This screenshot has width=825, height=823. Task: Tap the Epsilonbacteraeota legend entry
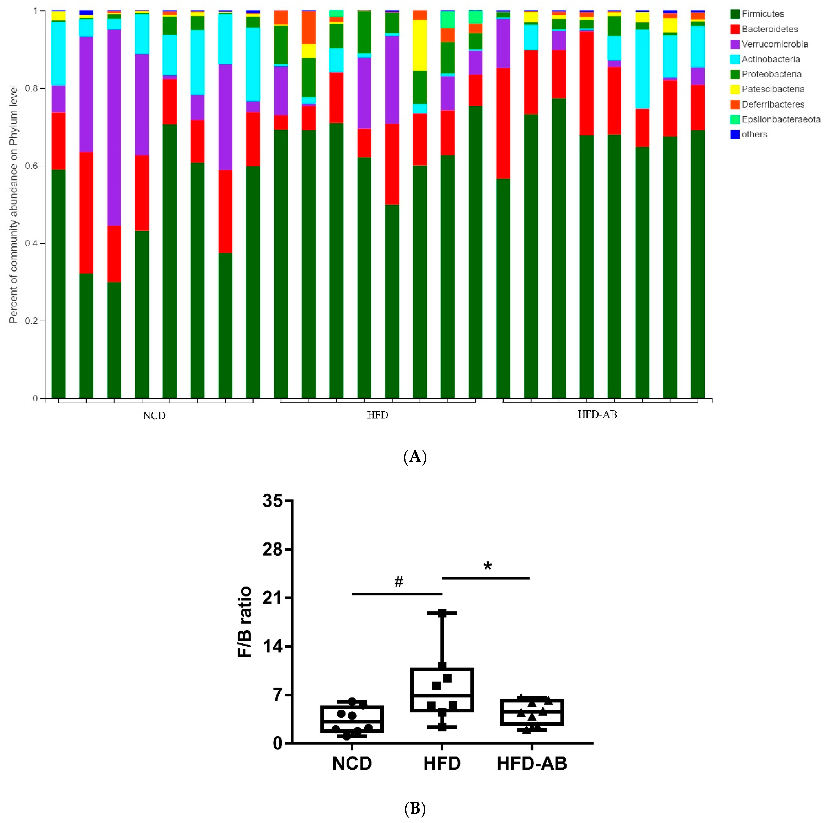[x=781, y=119]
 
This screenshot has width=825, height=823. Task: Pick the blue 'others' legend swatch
[x=734, y=135]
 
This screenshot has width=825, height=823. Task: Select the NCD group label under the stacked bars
[x=154, y=415]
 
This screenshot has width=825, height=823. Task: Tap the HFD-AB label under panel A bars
[x=597, y=414]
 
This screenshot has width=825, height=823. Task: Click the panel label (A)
[x=415, y=457]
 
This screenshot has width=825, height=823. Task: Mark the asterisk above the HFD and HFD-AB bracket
[x=487, y=566]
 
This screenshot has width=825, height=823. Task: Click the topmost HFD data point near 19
[x=442, y=613]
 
